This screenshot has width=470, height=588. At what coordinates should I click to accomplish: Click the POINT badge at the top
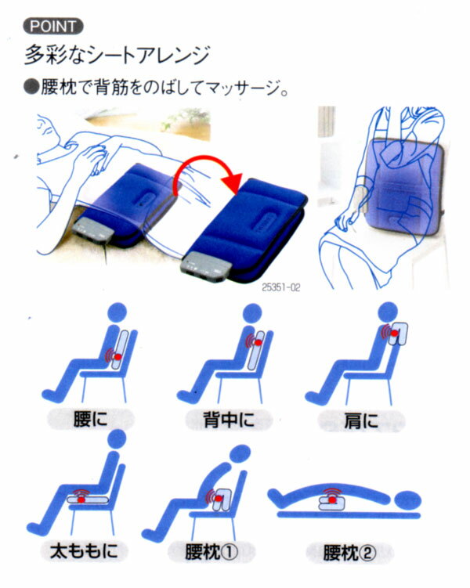(53, 27)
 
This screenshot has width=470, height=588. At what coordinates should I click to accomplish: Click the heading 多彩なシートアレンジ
(117, 55)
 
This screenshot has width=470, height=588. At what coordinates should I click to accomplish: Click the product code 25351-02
(281, 287)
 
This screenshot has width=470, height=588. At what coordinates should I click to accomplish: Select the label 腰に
(90, 419)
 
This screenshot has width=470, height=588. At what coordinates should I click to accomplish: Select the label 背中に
(229, 420)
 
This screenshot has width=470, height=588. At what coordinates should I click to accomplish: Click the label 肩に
(361, 421)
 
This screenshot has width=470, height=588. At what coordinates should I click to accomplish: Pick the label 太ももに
(84, 551)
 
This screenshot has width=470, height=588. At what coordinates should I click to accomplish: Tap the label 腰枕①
(211, 552)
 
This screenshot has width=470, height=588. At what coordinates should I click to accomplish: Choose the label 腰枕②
(349, 553)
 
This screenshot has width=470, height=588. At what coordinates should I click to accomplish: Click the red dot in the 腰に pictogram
(117, 356)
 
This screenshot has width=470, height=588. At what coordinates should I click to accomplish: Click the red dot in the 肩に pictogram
(394, 333)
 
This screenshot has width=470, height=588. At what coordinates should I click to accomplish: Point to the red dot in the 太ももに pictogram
(81, 499)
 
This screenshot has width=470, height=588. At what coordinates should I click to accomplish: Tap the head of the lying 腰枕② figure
(408, 500)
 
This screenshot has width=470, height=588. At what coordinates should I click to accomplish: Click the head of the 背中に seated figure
(252, 313)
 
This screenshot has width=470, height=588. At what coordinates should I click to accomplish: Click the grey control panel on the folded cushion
(206, 268)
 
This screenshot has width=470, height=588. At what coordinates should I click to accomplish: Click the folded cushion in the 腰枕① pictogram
(222, 500)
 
